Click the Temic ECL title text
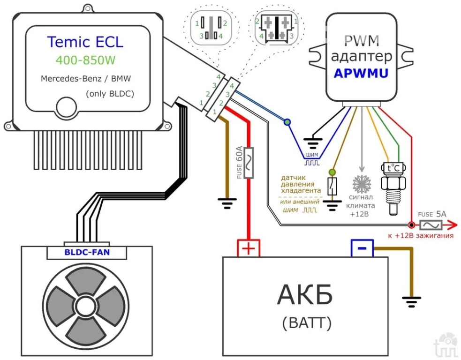click(85, 42)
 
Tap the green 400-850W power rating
click(85, 60)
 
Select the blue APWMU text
click(361, 74)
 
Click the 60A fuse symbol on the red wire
click(250, 162)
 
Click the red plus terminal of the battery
click(249, 247)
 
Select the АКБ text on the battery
click(305, 295)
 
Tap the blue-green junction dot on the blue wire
click(287, 122)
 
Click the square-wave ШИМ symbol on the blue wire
click(311, 164)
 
